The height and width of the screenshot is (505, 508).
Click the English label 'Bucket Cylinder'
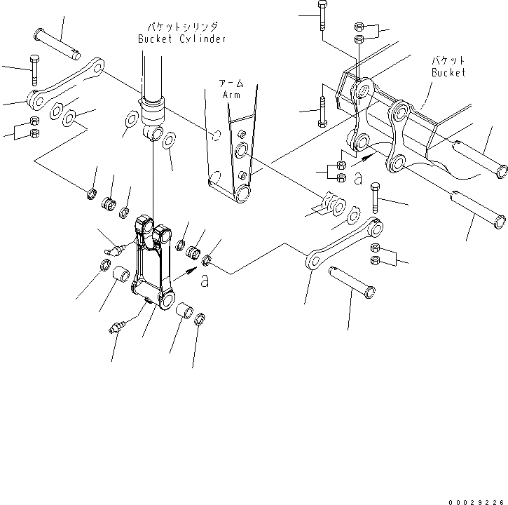pos(181,39)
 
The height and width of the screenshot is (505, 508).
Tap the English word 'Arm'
pos(231,94)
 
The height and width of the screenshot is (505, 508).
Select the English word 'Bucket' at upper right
pos(448,73)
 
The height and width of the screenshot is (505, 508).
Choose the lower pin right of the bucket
pos(478,209)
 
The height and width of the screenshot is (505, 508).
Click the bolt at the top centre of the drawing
pos(321,13)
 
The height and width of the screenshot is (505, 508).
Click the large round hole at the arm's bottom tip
pos(242,194)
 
